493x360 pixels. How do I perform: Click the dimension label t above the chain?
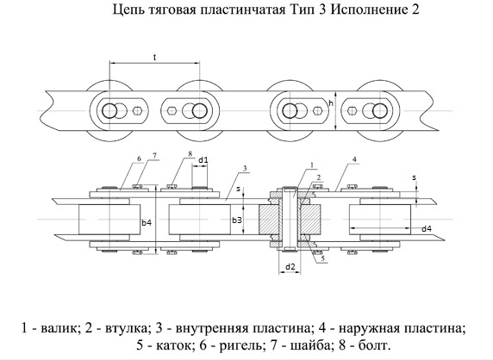[x=154, y=58]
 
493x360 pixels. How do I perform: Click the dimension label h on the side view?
[x=330, y=102]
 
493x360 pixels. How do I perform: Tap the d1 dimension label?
[x=203, y=160]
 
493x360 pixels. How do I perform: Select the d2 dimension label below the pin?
[x=290, y=267]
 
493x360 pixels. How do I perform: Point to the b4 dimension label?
[x=147, y=223]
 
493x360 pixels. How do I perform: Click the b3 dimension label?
[x=237, y=220]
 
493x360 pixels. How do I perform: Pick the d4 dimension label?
[x=427, y=229]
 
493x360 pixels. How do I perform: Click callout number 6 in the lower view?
[x=140, y=158]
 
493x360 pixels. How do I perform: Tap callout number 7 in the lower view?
[x=154, y=156]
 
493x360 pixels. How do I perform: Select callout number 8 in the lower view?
[x=190, y=153]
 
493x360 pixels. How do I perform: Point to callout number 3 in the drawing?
[x=245, y=169]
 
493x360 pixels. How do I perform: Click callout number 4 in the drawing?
[x=354, y=159]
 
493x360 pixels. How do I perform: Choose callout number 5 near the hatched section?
[x=322, y=258]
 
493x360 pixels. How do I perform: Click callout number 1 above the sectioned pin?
[x=312, y=164]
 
